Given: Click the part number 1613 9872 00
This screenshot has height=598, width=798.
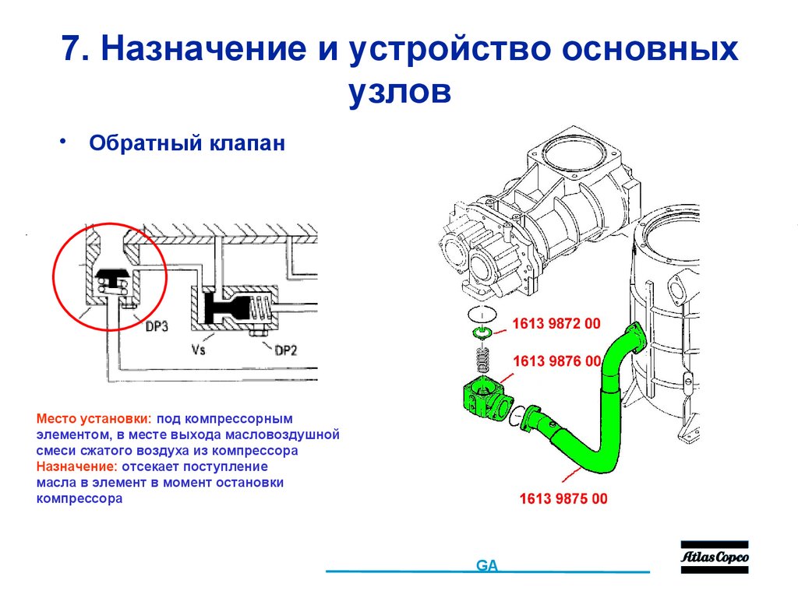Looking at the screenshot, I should [x=556, y=324].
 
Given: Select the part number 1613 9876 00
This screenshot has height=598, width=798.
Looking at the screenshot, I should [x=556, y=361].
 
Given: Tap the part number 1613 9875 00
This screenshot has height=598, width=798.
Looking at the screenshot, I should [x=563, y=499].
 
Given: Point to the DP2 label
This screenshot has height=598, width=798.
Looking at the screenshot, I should [x=285, y=350].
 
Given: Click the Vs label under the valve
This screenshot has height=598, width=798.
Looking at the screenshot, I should [x=199, y=350].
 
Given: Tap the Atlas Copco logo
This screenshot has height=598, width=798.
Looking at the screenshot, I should [x=714, y=558].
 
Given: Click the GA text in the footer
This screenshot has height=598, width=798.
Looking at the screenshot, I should [x=487, y=566].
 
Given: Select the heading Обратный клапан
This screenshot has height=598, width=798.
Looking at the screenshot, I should [x=187, y=144].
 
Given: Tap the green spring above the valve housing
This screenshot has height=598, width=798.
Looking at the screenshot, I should [x=485, y=361].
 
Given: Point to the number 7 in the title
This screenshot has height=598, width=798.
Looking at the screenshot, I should [x=72, y=51].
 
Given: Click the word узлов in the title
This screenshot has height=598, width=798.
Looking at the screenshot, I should [x=399, y=91].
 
